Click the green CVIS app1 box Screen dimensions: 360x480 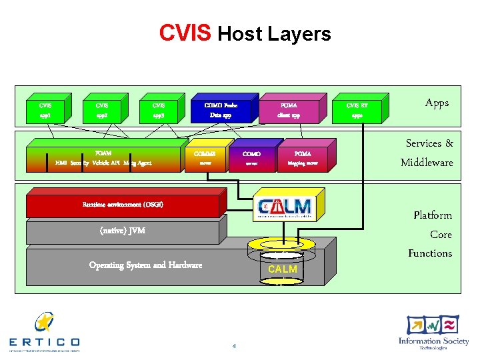pos(45,110)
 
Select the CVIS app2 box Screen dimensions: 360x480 pos(102,110)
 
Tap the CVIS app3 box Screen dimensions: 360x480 pos(159,110)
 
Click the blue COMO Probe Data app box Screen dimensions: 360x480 pos(221,110)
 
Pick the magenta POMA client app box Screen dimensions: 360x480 pos(288,110)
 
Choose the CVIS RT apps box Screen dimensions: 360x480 pos(357,110)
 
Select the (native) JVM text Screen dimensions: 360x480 pos(122,231)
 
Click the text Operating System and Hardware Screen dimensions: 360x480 pos(145,265)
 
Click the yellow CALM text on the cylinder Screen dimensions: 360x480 pos(283,269)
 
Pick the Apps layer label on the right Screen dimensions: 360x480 pos(437,103)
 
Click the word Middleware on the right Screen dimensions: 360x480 pos(427,163)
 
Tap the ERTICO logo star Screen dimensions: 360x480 pos(44,323)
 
